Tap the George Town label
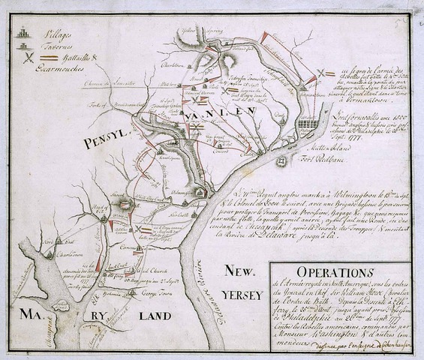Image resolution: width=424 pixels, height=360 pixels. tap(151, 295)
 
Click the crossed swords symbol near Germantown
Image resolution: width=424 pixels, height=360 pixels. tap(323, 73)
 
